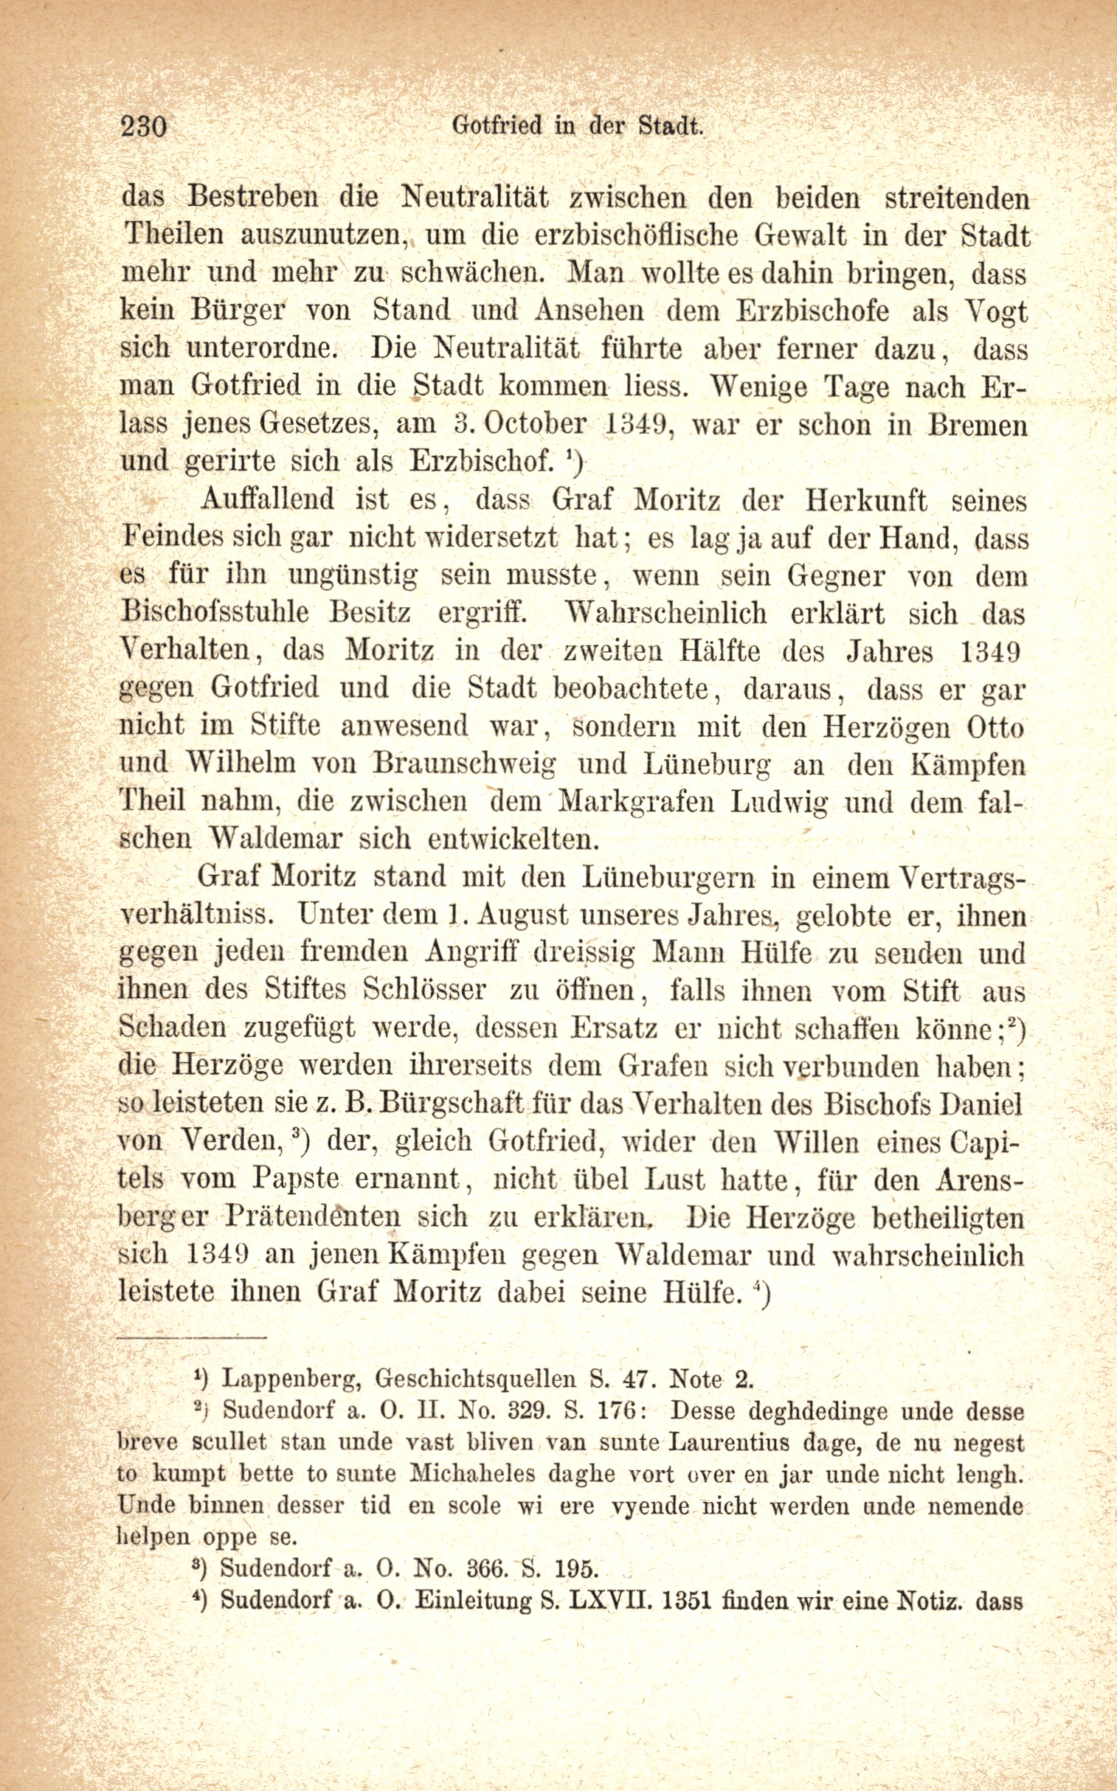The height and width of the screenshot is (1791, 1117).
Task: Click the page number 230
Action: tap(144, 127)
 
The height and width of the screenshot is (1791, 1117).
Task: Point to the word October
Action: tap(536, 426)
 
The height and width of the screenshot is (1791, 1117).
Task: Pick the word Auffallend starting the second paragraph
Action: tap(267, 501)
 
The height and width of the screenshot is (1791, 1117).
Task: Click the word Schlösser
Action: tap(425, 991)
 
